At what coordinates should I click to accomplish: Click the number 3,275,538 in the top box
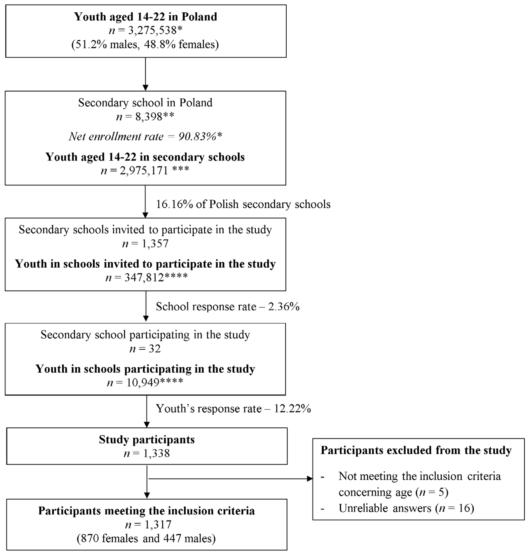coord(153,31)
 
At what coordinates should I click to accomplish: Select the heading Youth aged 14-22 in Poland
coord(146,17)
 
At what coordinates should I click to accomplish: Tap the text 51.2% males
coord(105,44)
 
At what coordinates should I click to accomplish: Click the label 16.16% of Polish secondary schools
coord(243,204)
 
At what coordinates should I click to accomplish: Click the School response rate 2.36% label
coord(228,307)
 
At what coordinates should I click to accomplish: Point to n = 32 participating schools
coord(145,349)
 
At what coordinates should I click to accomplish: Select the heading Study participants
coord(147,440)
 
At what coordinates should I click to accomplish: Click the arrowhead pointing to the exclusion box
coord(310,479)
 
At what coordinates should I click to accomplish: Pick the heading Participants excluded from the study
coord(416,450)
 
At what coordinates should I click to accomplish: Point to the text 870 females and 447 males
coord(146,538)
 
